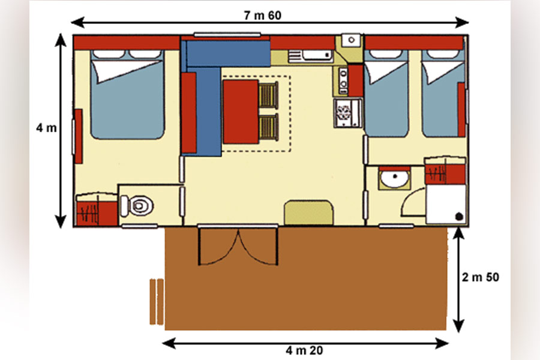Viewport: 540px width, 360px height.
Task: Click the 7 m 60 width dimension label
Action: [x=262, y=16]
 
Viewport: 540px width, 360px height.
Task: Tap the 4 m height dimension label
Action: [x=46, y=128]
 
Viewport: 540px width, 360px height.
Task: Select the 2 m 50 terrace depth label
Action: [x=481, y=277]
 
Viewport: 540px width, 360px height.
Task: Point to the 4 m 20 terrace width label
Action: [x=304, y=350]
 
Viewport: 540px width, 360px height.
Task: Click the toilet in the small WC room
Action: [x=137, y=206]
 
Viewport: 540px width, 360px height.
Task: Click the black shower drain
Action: [x=459, y=217]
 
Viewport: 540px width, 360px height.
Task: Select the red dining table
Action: [x=241, y=112]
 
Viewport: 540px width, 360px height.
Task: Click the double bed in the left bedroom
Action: [x=127, y=95]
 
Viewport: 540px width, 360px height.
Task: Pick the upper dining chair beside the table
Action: [x=269, y=95]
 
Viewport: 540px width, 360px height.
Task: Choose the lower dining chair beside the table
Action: [x=269, y=127]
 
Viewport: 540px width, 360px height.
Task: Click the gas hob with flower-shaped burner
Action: [x=348, y=113]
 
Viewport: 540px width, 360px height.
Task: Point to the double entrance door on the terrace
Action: [x=238, y=245]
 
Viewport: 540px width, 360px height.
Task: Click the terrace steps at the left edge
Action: [x=157, y=302]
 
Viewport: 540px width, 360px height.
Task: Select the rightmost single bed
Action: [x=443, y=94]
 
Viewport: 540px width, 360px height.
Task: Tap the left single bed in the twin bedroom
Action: [x=386, y=94]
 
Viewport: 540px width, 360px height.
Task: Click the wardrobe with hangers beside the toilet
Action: [x=97, y=209]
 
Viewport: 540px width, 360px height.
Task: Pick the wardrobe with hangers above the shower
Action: [x=445, y=171]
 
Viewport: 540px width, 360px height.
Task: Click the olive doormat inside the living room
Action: [x=308, y=212]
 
